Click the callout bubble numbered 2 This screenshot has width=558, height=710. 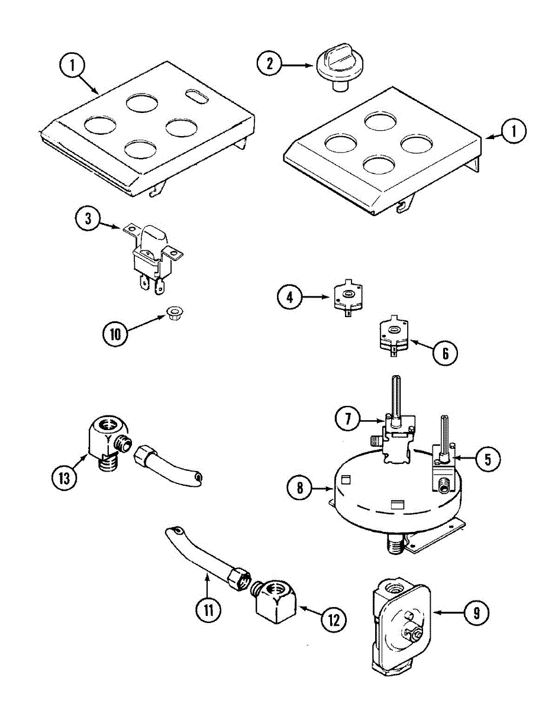(270, 63)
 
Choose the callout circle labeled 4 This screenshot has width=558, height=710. (290, 296)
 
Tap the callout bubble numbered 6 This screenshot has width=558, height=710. (445, 353)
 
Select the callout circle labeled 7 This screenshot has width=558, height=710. (348, 420)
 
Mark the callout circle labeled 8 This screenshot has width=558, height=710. (301, 488)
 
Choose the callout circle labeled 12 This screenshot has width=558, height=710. (333, 619)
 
